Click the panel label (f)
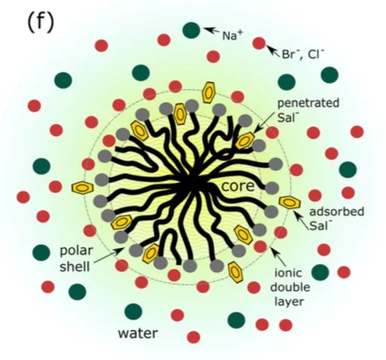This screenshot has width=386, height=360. click(41, 22)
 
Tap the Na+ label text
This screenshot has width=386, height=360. click(232, 35)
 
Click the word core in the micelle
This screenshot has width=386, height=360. click(238, 186)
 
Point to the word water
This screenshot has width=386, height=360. click(138, 333)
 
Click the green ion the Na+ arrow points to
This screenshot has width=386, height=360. click(191, 30)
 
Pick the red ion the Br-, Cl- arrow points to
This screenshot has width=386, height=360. click(259, 43)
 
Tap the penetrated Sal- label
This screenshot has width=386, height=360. click(308, 110)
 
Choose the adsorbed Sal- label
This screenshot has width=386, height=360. click(337, 218)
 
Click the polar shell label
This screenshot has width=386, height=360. click(76, 259)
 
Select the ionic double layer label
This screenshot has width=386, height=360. click(290, 287)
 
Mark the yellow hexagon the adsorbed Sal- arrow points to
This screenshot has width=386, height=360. click(290, 202)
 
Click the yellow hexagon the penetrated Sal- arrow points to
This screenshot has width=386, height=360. click(245, 140)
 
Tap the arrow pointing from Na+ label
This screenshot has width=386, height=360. click(212, 30)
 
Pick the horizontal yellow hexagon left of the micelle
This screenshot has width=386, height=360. click(82, 187)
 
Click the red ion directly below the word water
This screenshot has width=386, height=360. click(193, 337)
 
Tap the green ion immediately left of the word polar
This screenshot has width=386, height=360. click(42, 252)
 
